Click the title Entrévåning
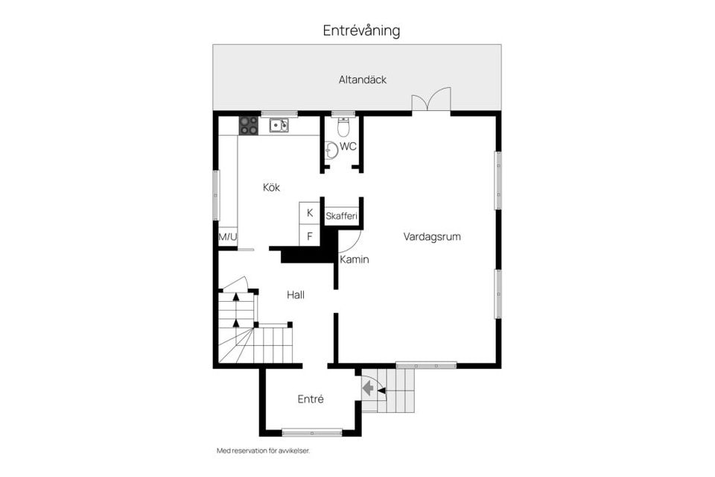(x=361, y=31)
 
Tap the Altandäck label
(x=363, y=80)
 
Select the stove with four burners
(x=248, y=125)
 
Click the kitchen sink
(x=279, y=125)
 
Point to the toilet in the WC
(x=343, y=127)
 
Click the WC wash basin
(x=331, y=149)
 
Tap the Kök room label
(x=271, y=188)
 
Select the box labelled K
(x=309, y=213)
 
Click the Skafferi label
(x=342, y=216)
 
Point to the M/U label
(x=227, y=237)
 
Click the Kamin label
(x=354, y=259)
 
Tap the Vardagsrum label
(x=432, y=237)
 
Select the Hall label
(x=296, y=295)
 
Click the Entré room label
(x=311, y=399)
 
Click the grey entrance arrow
(x=368, y=388)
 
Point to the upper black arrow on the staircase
(x=236, y=297)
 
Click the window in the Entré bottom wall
(x=311, y=432)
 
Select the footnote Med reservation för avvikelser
(x=263, y=451)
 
